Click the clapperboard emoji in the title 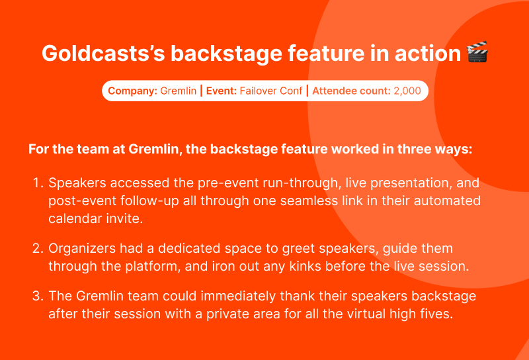click(x=477, y=52)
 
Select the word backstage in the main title click(x=226, y=54)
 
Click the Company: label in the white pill click(x=133, y=91)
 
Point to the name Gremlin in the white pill click(x=178, y=91)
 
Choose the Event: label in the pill click(x=222, y=91)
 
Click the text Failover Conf click(x=271, y=91)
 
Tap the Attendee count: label click(x=351, y=91)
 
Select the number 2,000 click(x=407, y=91)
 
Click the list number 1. click(x=38, y=183)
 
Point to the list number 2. click(x=38, y=248)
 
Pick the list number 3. click(x=38, y=296)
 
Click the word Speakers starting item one click(x=77, y=183)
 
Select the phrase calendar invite click(x=96, y=218)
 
